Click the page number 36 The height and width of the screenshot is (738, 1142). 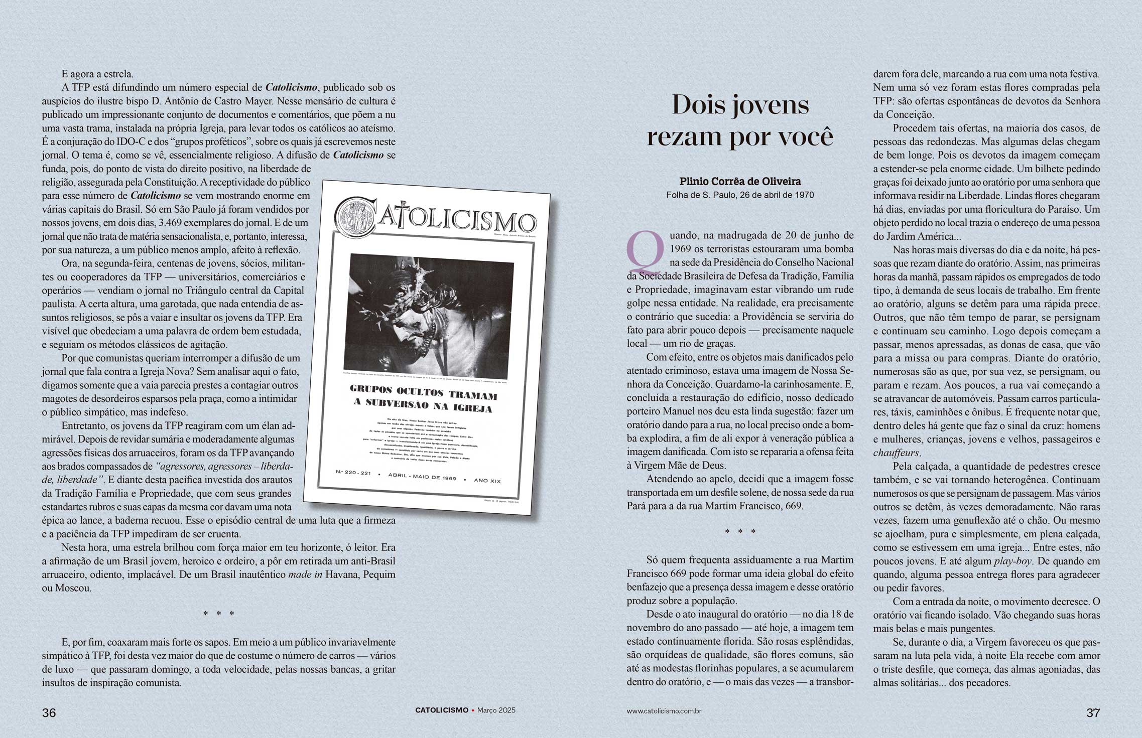(49, 713)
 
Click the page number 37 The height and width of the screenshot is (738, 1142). (1093, 713)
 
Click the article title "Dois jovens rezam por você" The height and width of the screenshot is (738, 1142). (740, 120)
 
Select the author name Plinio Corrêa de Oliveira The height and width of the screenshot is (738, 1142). (740, 182)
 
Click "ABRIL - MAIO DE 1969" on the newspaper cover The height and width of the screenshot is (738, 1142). (422, 477)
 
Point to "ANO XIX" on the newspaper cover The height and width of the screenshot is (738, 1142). (487, 481)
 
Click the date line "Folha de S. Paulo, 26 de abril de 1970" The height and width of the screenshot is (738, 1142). (740, 195)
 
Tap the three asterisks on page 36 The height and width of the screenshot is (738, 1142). (219, 614)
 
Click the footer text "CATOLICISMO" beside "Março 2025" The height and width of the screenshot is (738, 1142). (441, 710)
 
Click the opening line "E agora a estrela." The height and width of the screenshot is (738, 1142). (97, 74)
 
